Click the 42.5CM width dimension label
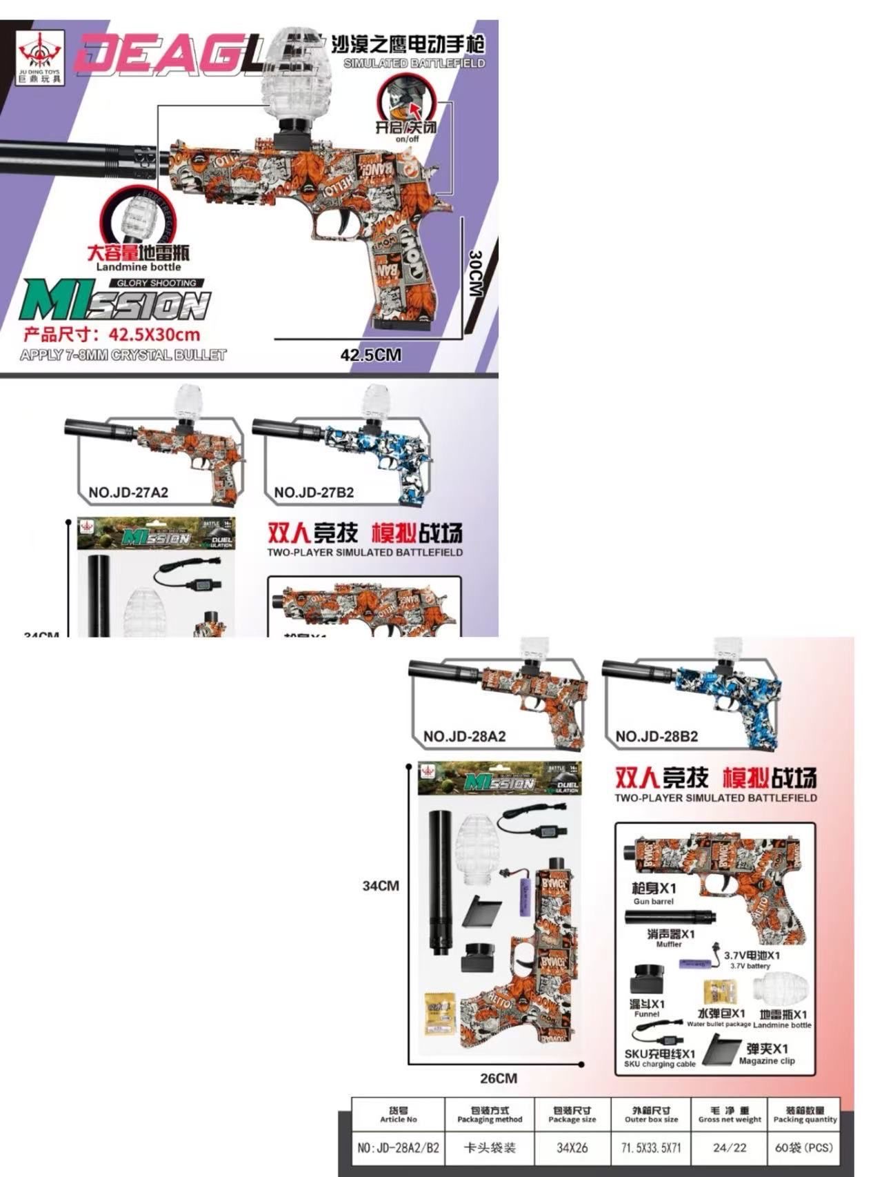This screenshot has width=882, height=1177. [370, 355]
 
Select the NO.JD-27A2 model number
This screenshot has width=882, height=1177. [128, 493]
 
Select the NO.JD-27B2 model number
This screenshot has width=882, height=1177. [314, 493]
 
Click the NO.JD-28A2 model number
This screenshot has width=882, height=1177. [464, 736]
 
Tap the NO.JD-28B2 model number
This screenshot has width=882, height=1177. [657, 736]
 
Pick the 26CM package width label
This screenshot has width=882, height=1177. [498, 1078]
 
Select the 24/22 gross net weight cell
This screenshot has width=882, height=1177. [730, 1148]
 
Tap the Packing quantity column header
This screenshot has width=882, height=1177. [805, 1115]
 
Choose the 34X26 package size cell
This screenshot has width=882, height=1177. [572, 1148]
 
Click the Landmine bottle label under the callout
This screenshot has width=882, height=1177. [139, 267]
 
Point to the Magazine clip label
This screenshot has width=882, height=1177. [767, 1060]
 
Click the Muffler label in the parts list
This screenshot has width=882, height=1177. [669, 944]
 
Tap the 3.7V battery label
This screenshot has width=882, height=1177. [750, 966]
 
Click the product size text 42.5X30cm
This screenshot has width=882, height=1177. [112, 335]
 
